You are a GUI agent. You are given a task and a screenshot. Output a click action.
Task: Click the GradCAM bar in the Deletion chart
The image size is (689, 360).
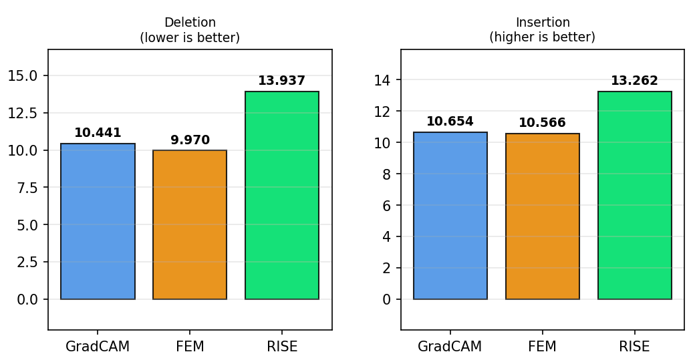[x=98, y=221]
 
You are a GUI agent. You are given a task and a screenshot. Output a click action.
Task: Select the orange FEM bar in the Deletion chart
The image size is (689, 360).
[x=190, y=224]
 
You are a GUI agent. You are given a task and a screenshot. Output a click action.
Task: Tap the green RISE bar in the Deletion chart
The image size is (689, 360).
[x=282, y=195]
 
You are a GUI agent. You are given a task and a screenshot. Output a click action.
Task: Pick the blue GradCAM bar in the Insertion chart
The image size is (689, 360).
[x=450, y=216]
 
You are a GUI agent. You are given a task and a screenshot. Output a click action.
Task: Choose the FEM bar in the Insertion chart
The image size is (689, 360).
[x=542, y=216]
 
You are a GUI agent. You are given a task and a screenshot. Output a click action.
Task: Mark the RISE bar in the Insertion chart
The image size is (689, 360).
[x=634, y=195]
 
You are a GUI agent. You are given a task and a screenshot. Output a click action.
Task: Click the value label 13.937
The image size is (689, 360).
[x=282, y=81]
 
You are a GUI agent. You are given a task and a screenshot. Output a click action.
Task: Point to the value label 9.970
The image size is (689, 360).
[x=190, y=140]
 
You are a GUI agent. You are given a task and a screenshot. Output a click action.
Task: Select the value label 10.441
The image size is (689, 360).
[x=98, y=133]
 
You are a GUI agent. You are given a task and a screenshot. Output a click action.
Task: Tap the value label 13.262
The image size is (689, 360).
[x=634, y=81]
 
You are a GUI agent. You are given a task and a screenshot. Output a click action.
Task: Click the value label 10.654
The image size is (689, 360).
[x=450, y=122]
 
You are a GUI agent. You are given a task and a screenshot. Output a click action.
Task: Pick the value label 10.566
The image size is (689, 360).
[x=542, y=123]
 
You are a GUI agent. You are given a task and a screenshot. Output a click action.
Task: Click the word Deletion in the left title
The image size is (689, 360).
[x=190, y=23]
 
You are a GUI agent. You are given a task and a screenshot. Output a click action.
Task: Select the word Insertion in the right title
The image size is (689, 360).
[x=542, y=23]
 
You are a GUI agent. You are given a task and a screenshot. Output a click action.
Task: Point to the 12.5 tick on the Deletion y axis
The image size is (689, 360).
[x=23, y=113]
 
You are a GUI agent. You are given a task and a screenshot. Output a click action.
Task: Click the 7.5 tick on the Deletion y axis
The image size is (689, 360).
[x=27, y=188]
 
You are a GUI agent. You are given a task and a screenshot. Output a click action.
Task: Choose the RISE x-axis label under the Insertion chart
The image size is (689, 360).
[x=634, y=347]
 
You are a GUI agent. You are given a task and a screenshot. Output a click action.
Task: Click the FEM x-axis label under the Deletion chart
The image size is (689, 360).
[x=190, y=347]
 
